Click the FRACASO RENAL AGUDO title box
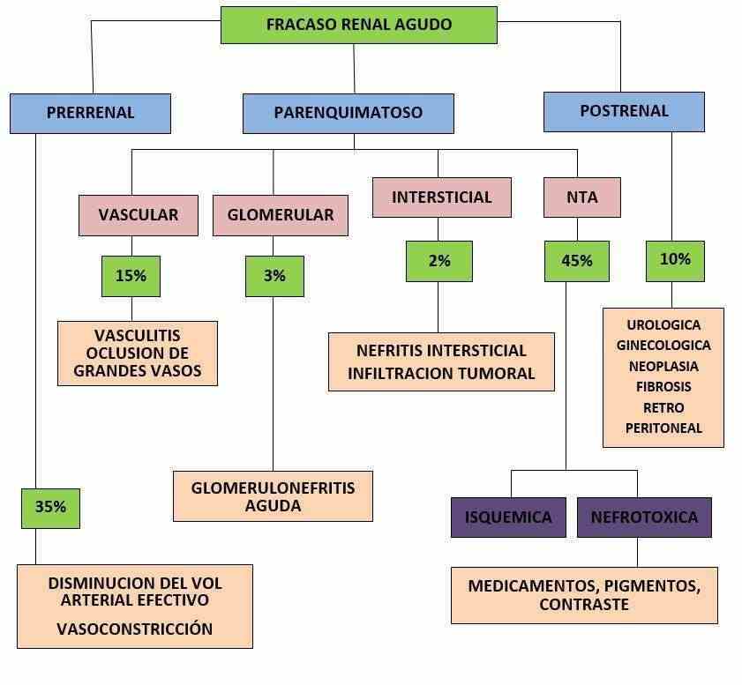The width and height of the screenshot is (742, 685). click(x=358, y=25)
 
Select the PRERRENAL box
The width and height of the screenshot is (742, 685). click(x=90, y=113)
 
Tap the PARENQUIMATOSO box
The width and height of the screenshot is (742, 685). click(x=348, y=113)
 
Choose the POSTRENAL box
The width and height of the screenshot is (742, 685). click(x=624, y=111)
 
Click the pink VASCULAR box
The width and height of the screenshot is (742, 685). click(x=138, y=215)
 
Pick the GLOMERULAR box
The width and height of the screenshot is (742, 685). click(x=281, y=215)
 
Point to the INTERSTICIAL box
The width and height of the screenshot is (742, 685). click(x=441, y=197)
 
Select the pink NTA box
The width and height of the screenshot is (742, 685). click(x=581, y=197)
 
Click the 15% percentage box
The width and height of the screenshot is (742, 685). click(x=131, y=276)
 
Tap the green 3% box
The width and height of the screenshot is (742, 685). click(x=274, y=276)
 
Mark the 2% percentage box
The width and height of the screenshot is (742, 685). click(x=439, y=261)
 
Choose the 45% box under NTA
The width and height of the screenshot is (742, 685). click(x=577, y=261)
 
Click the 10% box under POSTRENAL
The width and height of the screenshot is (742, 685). click(x=675, y=260)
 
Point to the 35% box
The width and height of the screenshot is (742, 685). click(x=50, y=508)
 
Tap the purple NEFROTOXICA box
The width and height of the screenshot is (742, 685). click(x=644, y=517)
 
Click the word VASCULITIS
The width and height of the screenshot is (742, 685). click(x=138, y=336)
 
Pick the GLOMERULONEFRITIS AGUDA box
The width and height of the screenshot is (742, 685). click(x=274, y=496)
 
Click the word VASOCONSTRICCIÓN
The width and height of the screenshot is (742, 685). click(x=135, y=629)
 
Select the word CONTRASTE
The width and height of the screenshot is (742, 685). click(x=583, y=606)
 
